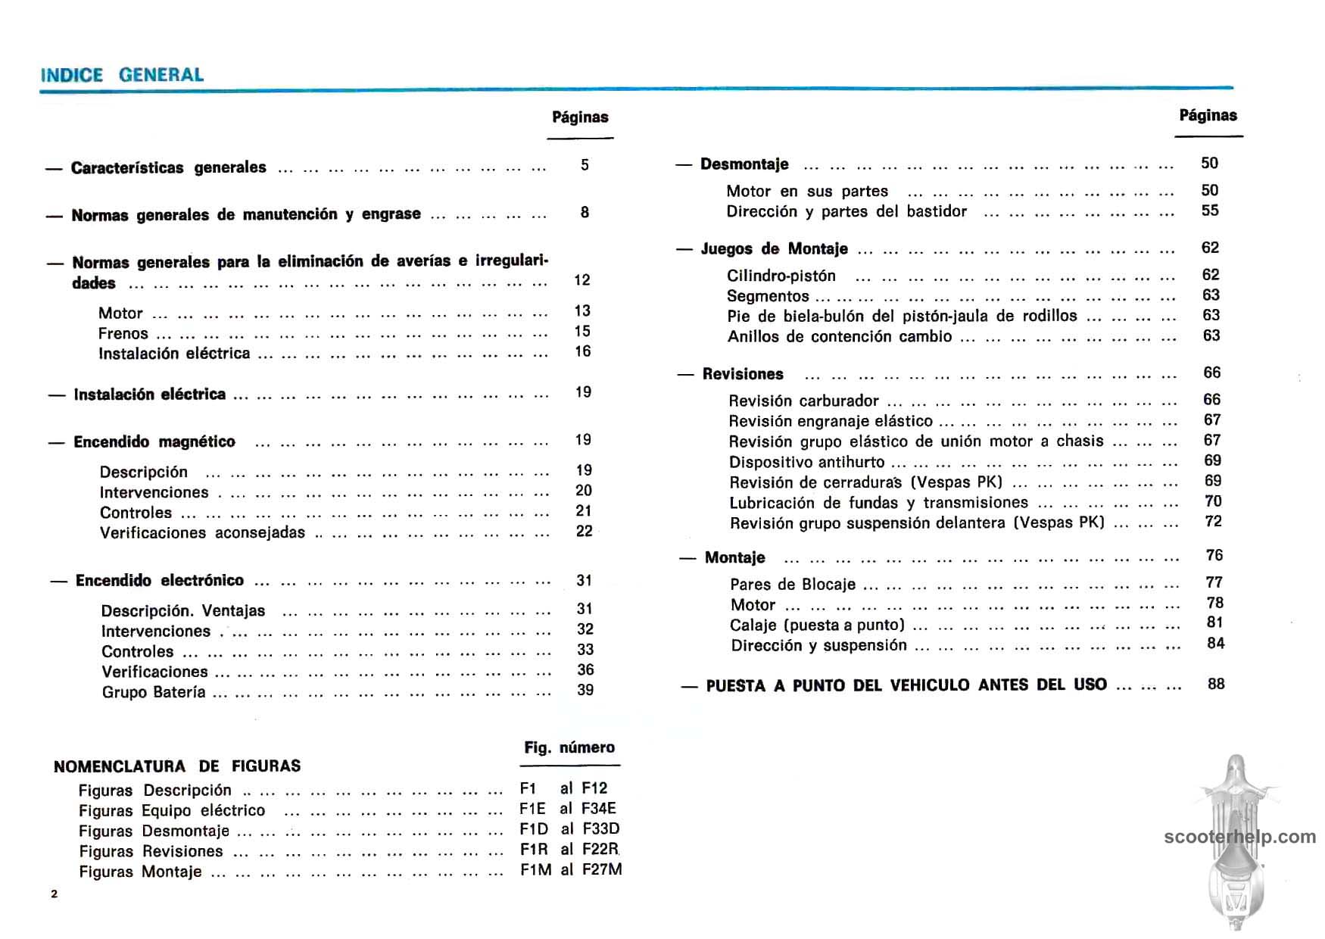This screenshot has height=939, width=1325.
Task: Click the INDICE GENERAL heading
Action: click(122, 75)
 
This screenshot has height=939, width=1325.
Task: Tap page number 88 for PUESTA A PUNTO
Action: click(1216, 684)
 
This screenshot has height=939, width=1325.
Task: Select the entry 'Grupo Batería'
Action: click(154, 692)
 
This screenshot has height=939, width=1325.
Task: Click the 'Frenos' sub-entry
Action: click(123, 333)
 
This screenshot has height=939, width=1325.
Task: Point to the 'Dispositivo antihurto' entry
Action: click(806, 462)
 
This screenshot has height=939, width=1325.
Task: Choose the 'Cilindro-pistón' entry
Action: click(781, 276)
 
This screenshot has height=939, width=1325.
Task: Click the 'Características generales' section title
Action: click(168, 167)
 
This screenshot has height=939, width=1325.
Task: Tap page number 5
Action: click(585, 165)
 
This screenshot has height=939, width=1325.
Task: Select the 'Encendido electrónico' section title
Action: click(159, 581)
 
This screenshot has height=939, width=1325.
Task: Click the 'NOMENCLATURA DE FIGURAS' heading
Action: click(177, 766)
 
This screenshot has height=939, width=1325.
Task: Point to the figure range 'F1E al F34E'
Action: click(568, 808)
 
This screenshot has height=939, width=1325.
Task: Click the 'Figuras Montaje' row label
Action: click(140, 872)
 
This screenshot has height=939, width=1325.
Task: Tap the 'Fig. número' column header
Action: click(569, 747)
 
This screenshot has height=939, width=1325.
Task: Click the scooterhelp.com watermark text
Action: click(1239, 837)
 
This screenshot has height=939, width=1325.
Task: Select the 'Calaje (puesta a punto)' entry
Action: click(818, 625)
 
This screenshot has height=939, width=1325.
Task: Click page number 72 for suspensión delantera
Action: click(1214, 521)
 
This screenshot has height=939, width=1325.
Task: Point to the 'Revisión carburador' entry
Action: click(803, 401)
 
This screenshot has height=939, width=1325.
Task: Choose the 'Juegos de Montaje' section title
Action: click(774, 249)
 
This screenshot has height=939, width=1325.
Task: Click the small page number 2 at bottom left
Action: click(54, 894)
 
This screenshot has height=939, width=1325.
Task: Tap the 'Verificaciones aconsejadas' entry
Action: click(202, 532)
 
